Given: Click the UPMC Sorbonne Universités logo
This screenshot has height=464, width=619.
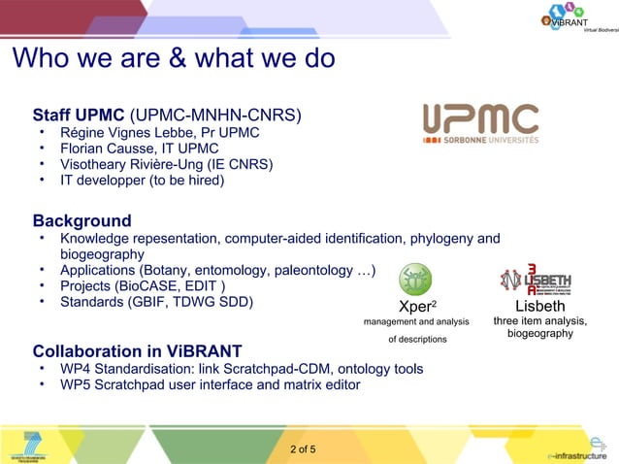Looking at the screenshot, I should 480,125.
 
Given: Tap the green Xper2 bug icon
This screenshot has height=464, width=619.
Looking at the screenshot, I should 415,279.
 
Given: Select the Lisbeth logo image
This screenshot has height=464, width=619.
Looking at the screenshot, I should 536,280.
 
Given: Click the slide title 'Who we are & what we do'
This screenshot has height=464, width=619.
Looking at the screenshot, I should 174,59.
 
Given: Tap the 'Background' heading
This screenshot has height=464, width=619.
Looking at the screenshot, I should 81,220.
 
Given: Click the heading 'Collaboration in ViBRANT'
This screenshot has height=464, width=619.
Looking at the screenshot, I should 137,350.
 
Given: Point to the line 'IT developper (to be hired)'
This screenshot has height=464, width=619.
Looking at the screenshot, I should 142,180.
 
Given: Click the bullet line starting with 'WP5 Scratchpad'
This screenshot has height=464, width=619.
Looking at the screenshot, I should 210,384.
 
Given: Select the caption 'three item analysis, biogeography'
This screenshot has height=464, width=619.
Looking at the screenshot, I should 539,327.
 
